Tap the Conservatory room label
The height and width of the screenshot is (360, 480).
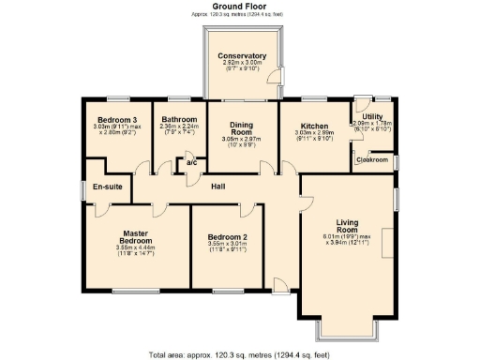click(x=242, y=56)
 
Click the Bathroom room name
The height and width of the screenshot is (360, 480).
click(x=178, y=120)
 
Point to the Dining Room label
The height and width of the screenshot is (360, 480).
click(x=242, y=128)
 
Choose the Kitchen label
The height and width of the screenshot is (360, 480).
click(x=313, y=126)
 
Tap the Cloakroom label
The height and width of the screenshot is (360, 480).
click(x=372, y=160)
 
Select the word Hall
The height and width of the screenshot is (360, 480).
click(x=217, y=187)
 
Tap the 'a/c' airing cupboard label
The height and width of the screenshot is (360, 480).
click(x=190, y=164)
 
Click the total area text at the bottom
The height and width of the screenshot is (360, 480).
click(x=240, y=354)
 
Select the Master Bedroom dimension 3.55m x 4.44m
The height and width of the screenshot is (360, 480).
click(x=134, y=247)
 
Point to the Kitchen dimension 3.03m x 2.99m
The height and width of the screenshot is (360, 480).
click(x=313, y=133)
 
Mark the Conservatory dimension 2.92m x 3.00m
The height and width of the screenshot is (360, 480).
click(x=242, y=64)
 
